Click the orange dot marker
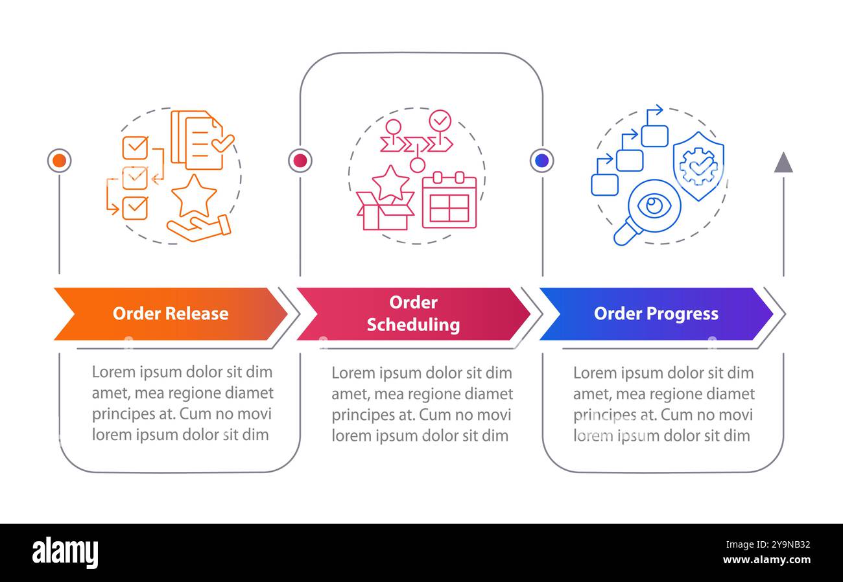coord(60,161)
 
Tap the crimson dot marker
coord(300,161)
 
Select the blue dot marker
coord(541,161)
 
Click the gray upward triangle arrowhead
coord(783,163)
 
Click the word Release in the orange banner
coord(196,314)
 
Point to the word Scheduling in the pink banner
coord(413,325)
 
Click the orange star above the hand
coord(194,196)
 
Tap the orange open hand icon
coord(198,227)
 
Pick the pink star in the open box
coord(390,183)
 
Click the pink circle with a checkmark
coord(440,121)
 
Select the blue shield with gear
coord(698,166)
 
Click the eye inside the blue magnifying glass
coord(654,205)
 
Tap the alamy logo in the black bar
coord(65,552)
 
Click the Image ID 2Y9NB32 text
coord(768,544)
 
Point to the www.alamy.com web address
coord(766,559)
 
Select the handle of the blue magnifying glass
coord(626,231)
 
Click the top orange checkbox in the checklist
coord(135,148)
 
